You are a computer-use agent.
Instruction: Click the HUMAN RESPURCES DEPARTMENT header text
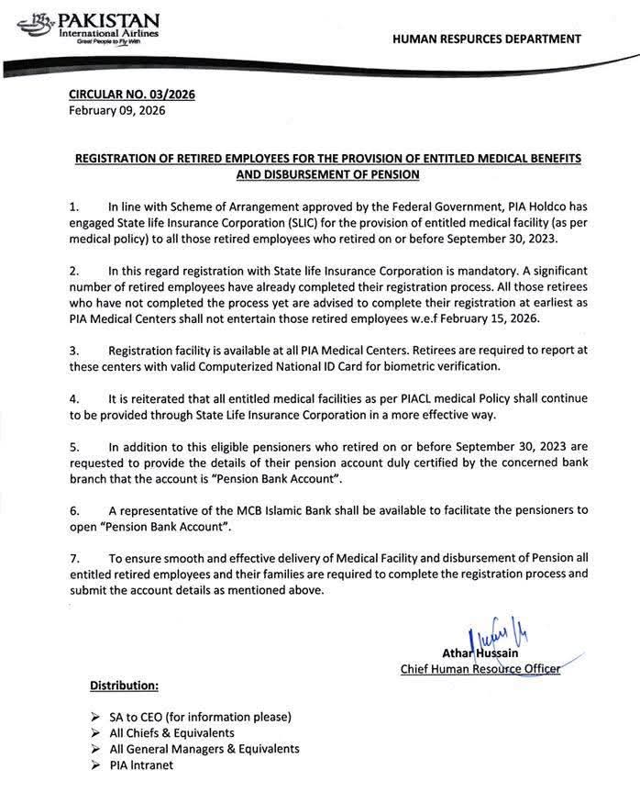click(486, 39)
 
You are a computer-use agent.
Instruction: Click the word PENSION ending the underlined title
click(389, 173)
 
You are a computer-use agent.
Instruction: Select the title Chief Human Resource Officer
click(480, 669)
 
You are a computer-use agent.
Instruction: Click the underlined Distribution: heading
click(124, 686)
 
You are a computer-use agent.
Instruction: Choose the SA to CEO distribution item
click(200, 716)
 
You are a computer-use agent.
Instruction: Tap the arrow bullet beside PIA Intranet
click(96, 765)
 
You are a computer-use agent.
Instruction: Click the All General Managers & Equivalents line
click(204, 749)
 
